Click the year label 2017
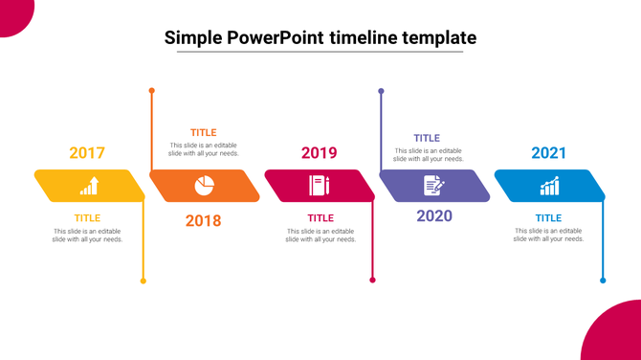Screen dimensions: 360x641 point(87,153)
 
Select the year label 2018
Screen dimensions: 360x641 point(203,221)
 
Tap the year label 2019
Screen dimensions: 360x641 point(319,153)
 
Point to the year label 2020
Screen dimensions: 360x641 point(434,215)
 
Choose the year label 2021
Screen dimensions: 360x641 point(549,153)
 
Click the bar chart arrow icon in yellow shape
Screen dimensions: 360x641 point(89,186)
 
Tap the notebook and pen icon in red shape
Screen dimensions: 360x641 point(319,186)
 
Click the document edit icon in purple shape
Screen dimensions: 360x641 point(433,186)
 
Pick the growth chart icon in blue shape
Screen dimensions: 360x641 point(549,186)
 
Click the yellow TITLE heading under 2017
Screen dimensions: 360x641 point(87,218)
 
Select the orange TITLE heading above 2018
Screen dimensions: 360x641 point(203,132)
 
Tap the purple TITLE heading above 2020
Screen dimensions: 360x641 point(427,138)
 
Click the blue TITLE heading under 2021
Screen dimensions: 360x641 point(548,218)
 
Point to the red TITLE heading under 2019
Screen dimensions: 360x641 point(320,218)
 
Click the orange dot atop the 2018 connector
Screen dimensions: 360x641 point(151,91)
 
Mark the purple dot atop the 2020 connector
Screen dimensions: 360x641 point(381,91)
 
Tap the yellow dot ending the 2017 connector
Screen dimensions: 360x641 point(144,281)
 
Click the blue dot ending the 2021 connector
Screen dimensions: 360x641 point(603,281)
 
